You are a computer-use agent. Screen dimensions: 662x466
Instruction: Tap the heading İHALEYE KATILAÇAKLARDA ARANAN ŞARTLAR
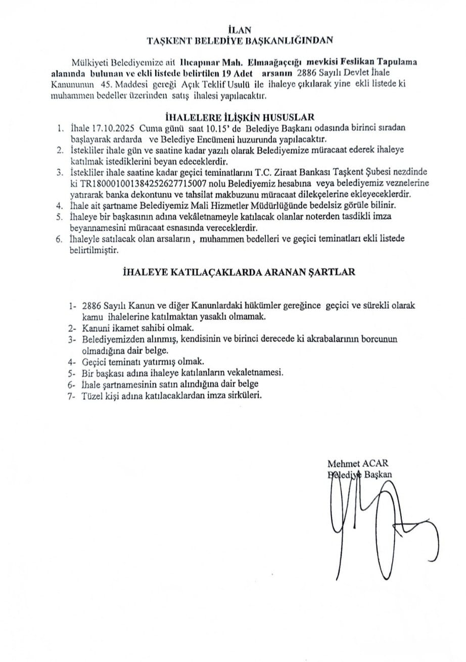239,272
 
